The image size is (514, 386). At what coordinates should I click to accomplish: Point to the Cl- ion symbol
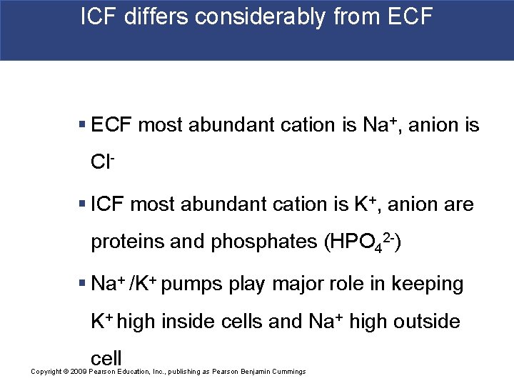pos(102,162)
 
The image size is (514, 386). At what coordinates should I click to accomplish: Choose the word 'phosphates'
pos(264,242)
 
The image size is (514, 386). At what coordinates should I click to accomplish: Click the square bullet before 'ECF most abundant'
pos(83,126)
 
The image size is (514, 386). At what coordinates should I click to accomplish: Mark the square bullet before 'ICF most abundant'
pos(83,205)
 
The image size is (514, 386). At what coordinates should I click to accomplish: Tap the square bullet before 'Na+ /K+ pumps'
pos(83,284)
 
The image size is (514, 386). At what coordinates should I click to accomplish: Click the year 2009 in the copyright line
pos(78,372)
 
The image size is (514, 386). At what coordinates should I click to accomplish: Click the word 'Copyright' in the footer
pos(46,372)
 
